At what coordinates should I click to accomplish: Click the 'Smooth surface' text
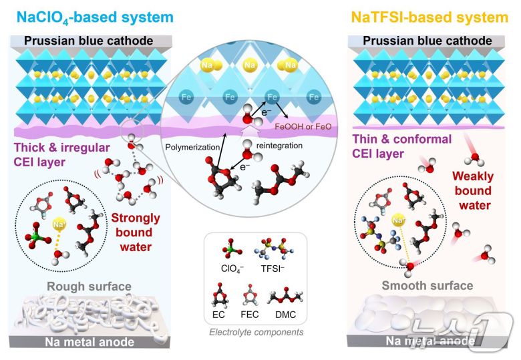click(x=427, y=286)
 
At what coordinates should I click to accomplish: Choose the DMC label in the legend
click(x=286, y=315)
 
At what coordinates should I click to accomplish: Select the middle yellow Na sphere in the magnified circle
click(x=251, y=65)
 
